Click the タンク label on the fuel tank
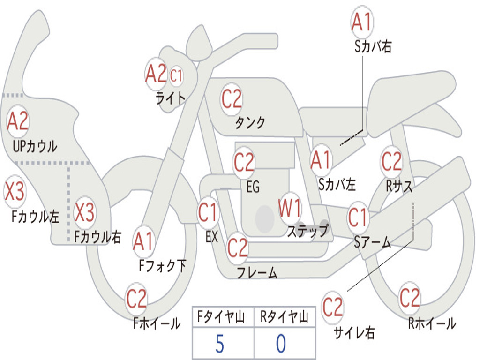point(250,123)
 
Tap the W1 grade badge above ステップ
point(290,208)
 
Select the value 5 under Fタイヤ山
point(219,344)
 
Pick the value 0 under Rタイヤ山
point(281,344)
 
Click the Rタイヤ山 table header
point(284,318)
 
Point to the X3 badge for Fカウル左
point(15,192)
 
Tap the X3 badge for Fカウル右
point(85,213)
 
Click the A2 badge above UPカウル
point(18,121)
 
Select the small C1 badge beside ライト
point(176,75)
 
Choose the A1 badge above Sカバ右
point(362,22)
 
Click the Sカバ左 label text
point(337,185)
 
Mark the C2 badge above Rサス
point(391,162)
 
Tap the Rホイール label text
point(432,323)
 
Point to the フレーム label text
point(257,272)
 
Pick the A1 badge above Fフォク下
point(143,241)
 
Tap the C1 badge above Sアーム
point(358,217)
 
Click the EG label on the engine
point(253,187)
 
